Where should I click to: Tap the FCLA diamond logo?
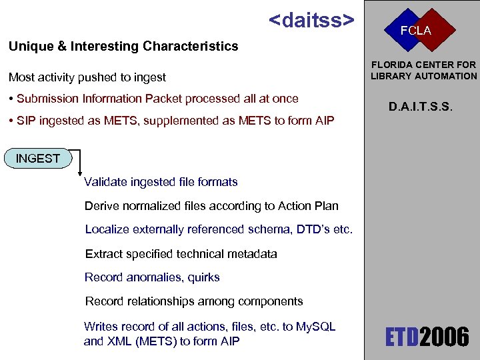(416, 31)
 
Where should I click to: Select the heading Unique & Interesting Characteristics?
(123, 46)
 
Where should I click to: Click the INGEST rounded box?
(37, 159)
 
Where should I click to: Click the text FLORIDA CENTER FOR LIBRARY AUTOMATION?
(423, 70)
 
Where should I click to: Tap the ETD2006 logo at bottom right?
(427, 337)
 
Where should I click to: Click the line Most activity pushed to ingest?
(87, 77)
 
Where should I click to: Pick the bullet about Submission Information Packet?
(153, 99)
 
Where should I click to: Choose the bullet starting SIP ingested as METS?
(171, 121)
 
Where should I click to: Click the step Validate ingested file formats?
(161, 182)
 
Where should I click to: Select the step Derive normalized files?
(211, 206)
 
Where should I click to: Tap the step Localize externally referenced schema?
(219, 229)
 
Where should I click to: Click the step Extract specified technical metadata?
(181, 253)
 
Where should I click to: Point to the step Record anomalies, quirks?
(152, 277)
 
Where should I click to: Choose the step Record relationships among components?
(193, 301)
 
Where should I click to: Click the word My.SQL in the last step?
(315, 327)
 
